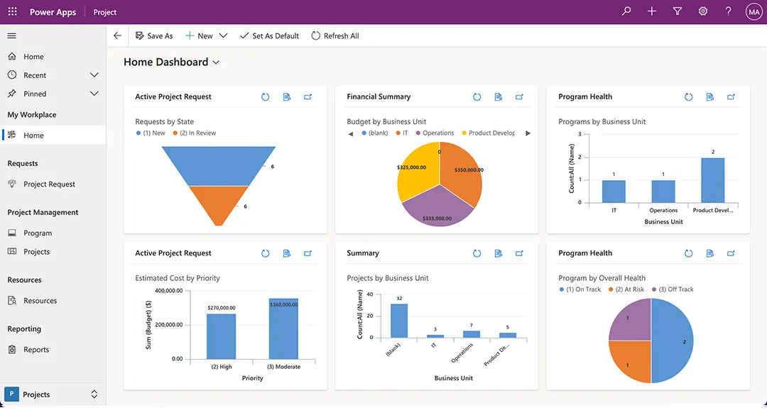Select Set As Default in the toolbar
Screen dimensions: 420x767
pos(269,35)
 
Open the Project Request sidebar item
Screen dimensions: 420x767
pos(49,184)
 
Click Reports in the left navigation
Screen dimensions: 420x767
pos(36,350)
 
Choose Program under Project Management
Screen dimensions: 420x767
pos(38,233)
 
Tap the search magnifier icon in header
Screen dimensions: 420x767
pos(626,11)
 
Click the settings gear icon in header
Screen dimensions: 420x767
pos(703,11)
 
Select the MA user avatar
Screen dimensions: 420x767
pos(754,11)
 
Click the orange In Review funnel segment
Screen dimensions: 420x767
pos(219,204)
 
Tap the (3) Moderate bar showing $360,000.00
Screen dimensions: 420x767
pos(283,330)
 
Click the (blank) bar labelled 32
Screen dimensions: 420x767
pos(399,321)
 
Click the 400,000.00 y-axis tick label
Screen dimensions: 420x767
pos(168,291)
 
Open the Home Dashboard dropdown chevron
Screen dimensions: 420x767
pos(216,62)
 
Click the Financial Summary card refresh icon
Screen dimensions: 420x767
pos(477,97)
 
